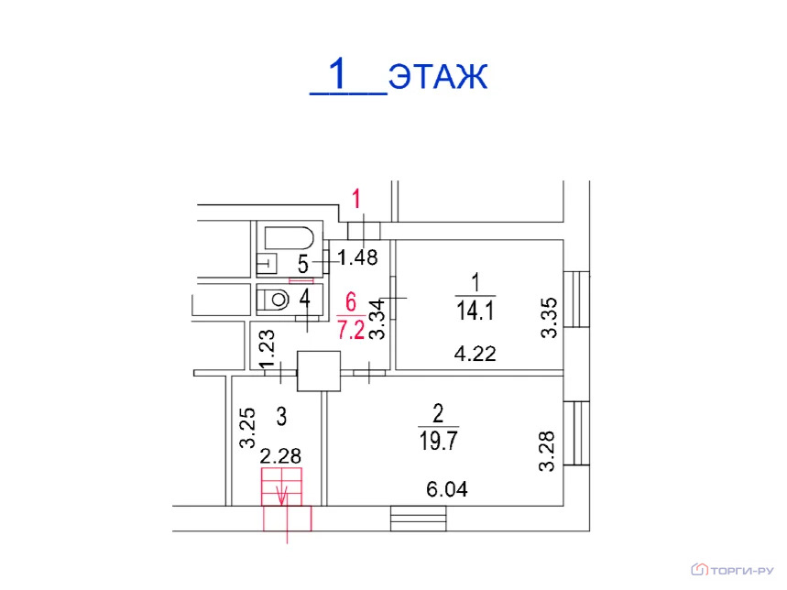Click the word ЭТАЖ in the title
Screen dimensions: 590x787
tap(437, 77)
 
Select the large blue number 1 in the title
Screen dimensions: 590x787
tap(340, 73)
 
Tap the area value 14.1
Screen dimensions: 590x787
tap(475, 311)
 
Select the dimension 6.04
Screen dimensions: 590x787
tap(446, 490)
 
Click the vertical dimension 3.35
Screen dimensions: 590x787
tap(549, 318)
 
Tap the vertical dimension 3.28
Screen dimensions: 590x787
tap(547, 452)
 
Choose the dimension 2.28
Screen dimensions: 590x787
tap(281, 456)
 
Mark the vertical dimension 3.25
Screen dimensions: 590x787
tap(246, 428)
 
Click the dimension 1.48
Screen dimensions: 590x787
tap(357, 257)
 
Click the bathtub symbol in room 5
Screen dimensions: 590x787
tap(289, 237)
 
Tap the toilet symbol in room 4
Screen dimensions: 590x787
tap(273, 298)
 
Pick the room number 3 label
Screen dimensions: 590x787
tap(281, 417)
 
